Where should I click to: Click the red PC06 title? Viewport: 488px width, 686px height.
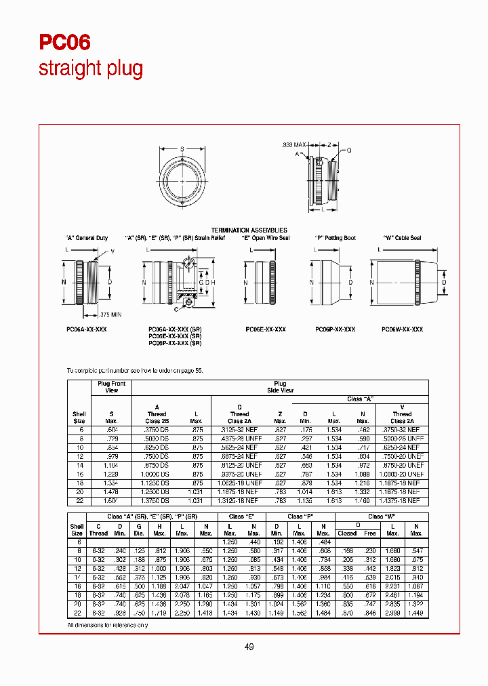tap(64, 43)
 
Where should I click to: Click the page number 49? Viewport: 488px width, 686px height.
tap(249, 647)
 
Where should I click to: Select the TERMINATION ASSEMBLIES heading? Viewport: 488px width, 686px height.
tap(249, 230)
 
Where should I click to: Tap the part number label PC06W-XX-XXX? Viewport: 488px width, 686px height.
tap(402, 329)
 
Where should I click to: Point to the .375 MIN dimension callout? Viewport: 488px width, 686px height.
tap(110, 315)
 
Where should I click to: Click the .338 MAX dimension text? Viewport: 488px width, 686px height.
tap(294, 145)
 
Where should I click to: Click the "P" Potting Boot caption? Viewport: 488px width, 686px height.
tap(335, 238)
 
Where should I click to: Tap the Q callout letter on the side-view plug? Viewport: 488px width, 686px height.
tap(349, 151)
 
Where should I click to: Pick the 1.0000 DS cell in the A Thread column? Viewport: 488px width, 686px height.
tap(157, 473)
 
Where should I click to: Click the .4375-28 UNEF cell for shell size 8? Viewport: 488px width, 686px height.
tap(239, 438)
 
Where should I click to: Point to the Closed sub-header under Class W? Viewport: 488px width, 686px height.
tap(347, 533)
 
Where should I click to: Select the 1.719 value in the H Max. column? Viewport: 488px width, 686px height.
tap(161, 613)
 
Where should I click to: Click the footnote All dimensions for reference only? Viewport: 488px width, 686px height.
tap(107, 624)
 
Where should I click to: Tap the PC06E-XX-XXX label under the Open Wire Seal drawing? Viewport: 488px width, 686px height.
tap(265, 329)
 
